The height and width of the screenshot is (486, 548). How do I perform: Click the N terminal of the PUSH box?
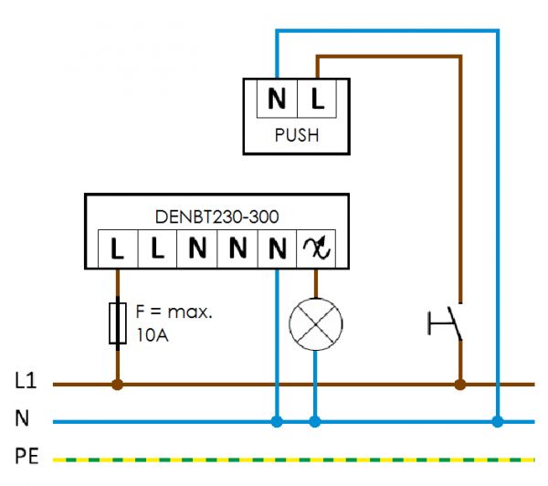coord(277,98)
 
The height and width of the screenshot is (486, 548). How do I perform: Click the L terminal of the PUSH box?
coord(317,98)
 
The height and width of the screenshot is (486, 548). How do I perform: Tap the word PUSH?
coord(297,136)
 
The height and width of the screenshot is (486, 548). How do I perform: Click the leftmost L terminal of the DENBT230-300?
coord(117,248)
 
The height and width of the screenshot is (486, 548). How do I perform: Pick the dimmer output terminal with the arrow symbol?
coord(315,248)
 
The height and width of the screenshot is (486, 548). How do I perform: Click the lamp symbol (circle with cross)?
coord(315,323)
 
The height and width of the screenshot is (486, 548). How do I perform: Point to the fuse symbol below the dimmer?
coord(117,322)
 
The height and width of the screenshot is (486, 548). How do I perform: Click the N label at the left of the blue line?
coord(21,420)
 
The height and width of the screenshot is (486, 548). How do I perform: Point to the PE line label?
coord(26,455)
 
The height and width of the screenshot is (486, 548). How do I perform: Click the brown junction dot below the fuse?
coord(117,386)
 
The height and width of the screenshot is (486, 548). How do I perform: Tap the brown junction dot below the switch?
coord(459,386)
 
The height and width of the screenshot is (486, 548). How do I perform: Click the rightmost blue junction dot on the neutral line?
coord(498,421)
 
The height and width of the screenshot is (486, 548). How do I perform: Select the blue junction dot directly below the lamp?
coord(315,421)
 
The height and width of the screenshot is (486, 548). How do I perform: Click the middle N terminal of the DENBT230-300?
coord(237,248)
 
